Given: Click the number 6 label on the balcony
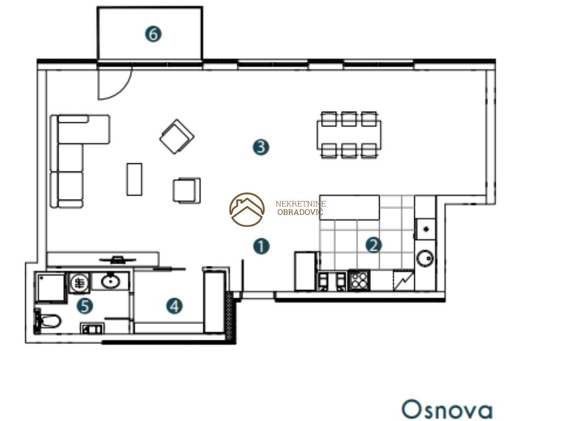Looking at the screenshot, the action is [153, 35].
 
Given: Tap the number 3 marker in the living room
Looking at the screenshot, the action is [261, 147].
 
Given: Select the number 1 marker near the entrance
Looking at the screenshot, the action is [261, 246].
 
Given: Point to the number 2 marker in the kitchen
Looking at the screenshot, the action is [374, 245].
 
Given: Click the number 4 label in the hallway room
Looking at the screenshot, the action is [174, 306].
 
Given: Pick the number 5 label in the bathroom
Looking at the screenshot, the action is [85, 306].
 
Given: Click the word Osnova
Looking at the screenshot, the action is [447, 409].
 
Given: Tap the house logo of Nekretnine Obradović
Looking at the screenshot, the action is [247, 209].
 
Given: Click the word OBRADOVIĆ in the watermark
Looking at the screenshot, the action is [300, 212].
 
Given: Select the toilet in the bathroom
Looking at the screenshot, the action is [48, 321].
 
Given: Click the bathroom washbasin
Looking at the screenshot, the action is [110, 281].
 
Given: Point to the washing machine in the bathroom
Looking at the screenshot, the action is [79, 283].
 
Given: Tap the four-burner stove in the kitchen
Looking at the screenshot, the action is [359, 280].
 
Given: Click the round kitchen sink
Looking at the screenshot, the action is [425, 258].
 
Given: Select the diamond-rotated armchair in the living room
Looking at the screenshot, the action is [177, 136].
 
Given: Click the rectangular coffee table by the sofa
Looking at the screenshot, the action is [134, 179].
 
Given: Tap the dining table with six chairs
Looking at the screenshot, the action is [349, 135].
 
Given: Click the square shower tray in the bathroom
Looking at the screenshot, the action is [50, 287].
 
